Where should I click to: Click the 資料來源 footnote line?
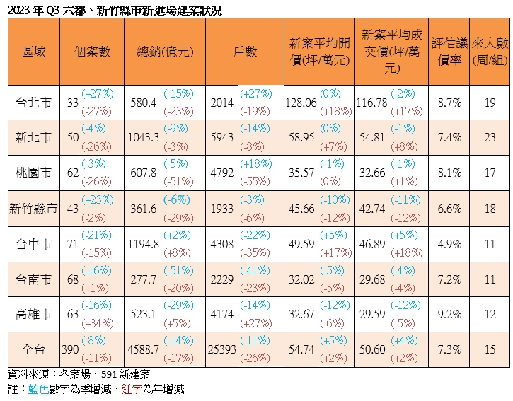78,374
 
